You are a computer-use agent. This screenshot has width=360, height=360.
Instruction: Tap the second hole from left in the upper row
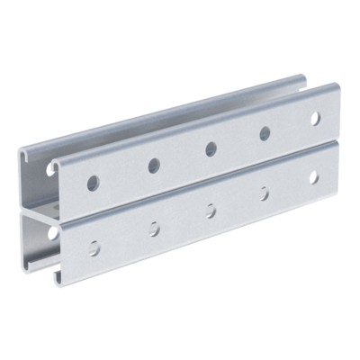[154, 165]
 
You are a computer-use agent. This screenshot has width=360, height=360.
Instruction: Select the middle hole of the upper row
[211, 148]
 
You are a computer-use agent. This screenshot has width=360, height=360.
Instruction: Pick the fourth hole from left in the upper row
[265, 133]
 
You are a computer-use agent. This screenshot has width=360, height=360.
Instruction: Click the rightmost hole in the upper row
[315, 118]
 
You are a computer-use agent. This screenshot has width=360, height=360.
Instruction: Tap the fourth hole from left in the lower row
[265, 193]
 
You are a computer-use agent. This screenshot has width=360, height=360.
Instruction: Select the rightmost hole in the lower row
[314, 177]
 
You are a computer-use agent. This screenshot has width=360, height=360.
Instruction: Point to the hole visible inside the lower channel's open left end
[53, 232]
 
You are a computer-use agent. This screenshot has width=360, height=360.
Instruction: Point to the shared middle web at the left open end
[40, 216]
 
